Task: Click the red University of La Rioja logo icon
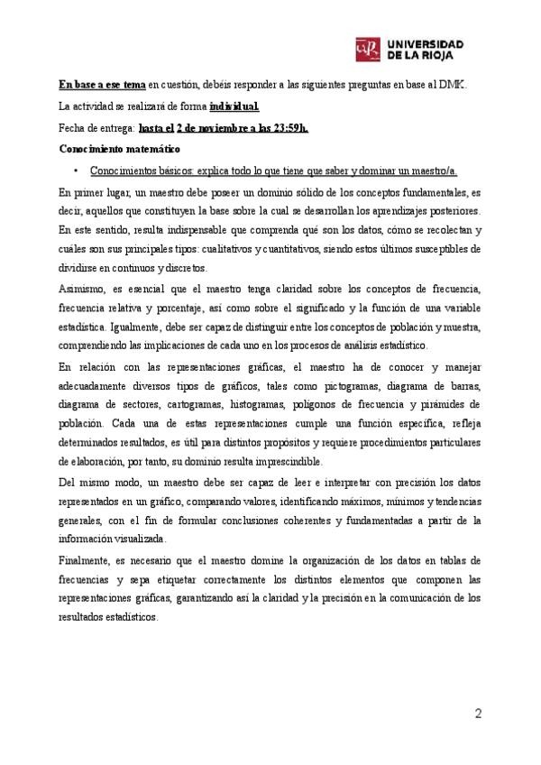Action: coord(368,48)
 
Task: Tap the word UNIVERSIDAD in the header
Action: coord(426,42)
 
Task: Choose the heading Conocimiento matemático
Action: coord(120,148)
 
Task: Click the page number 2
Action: coord(478,715)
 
